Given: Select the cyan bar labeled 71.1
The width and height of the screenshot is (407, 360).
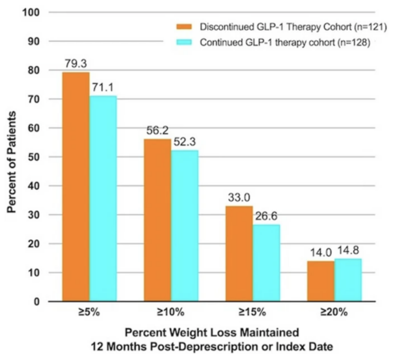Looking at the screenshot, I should [103, 199].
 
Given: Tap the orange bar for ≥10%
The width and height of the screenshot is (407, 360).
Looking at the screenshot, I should [157, 220].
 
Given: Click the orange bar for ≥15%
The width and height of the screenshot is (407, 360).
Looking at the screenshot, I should [240, 254].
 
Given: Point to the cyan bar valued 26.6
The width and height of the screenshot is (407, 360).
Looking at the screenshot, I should [266, 263].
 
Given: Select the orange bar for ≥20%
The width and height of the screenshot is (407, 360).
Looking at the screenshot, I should [321, 281].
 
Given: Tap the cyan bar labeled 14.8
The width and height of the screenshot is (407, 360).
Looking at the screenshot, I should [348, 280].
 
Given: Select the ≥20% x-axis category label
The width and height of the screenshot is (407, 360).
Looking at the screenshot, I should [334, 313].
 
